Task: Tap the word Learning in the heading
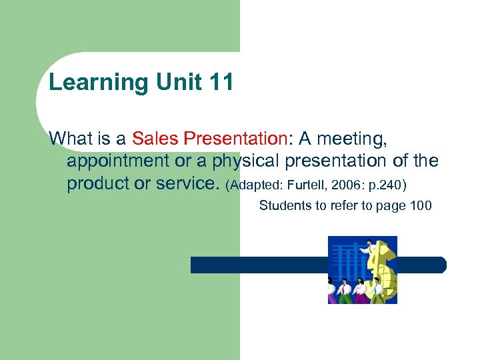pos(99,83)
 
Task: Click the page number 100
pos(421,205)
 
